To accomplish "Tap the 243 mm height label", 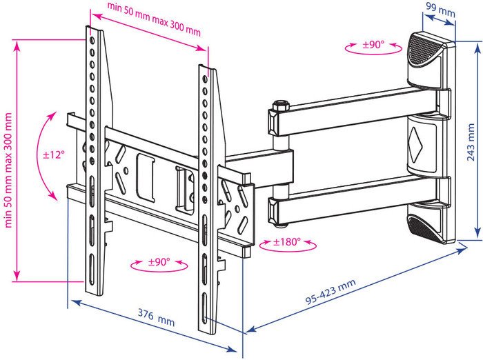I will tap(471, 141).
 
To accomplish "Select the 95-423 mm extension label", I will tap(331, 292).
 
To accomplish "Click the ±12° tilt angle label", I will tap(53, 154).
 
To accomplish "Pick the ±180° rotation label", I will tap(286, 242).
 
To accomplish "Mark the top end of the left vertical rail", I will tap(90, 31).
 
